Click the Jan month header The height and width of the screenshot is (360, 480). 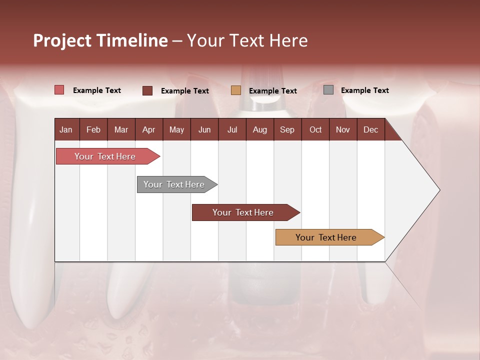tap(66, 130)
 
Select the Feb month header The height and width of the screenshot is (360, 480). tap(93, 130)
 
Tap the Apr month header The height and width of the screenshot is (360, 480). tap(148, 130)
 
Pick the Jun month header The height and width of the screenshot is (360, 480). tap(204, 130)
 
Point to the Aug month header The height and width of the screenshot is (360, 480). tap(259, 130)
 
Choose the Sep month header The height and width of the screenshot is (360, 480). tap(287, 130)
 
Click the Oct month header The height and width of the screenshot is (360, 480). tap(315, 130)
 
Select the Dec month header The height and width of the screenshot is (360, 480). tap(370, 130)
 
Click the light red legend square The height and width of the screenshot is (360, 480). tap(59, 90)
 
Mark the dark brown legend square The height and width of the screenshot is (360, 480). tap(147, 90)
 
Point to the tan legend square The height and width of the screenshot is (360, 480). tap(236, 90)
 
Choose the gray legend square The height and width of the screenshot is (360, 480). tap(328, 90)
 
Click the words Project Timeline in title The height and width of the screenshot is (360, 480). tap(100, 40)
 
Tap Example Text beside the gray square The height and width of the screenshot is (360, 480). tap(364, 90)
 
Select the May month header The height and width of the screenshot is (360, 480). tap(176, 130)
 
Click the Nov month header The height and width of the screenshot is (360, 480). tap(342, 130)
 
